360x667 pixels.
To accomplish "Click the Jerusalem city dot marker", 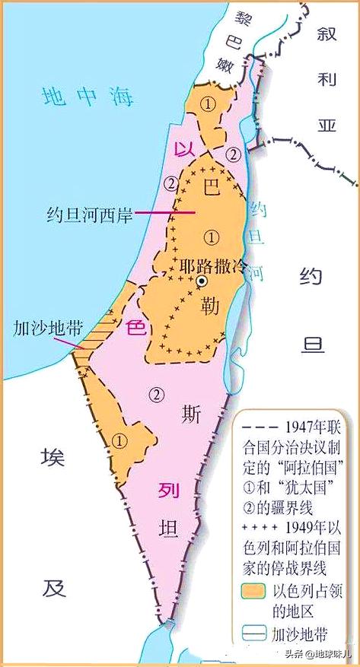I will (x=202, y=281).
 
